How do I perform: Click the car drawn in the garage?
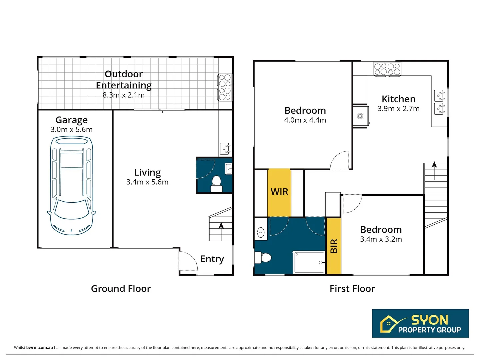click(72, 186)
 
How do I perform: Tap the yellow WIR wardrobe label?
click(279, 192)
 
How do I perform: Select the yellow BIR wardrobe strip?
click(334, 246)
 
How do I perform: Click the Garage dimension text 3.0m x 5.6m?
click(72, 129)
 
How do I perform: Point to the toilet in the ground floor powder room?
click(216, 184)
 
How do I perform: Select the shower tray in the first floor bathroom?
click(309, 262)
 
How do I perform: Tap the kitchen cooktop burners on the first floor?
click(387, 69)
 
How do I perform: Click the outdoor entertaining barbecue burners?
click(225, 87)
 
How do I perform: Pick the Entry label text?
click(212, 259)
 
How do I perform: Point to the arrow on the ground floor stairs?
click(221, 231)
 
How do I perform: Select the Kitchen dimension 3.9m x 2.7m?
click(398, 109)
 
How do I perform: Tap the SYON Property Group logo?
click(420, 323)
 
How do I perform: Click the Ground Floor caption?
click(121, 289)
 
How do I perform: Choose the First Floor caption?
click(352, 289)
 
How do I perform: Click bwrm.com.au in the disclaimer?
click(39, 348)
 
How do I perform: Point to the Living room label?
click(147, 173)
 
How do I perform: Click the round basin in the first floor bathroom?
click(260, 232)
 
